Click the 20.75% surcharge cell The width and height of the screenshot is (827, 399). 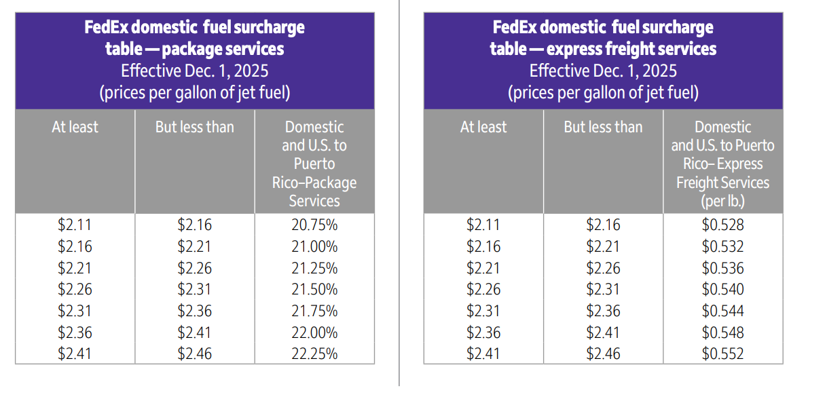click(x=314, y=225)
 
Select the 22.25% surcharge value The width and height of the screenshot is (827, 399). click(x=314, y=354)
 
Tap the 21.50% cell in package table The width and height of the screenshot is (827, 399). click(x=314, y=289)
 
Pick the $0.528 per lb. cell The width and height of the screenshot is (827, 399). click(x=722, y=225)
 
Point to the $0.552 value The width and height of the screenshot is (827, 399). click(x=722, y=354)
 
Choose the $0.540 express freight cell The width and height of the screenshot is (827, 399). click(x=722, y=289)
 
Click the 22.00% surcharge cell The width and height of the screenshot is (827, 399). click(x=314, y=332)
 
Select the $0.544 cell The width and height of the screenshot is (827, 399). click(x=722, y=311)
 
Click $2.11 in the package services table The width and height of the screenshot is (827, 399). click(x=75, y=225)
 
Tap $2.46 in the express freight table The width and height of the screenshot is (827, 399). click(x=603, y=354)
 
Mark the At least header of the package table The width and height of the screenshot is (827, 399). click(x=75, y=127)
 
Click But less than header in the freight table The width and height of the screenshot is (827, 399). click(x=603, y=127)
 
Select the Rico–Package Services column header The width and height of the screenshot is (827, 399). click(x=314, y=192)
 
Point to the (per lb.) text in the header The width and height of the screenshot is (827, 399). click(x=722, y=201)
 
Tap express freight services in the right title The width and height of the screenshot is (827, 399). click(x=631, y=49)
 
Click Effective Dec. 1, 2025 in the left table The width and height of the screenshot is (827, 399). click(x=195, y=71)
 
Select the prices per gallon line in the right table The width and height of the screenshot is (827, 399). click(x=603, y=92)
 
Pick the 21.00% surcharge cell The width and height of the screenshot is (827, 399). click(x=314, y=246)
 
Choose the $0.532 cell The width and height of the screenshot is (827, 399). click(x=722, y=246)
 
